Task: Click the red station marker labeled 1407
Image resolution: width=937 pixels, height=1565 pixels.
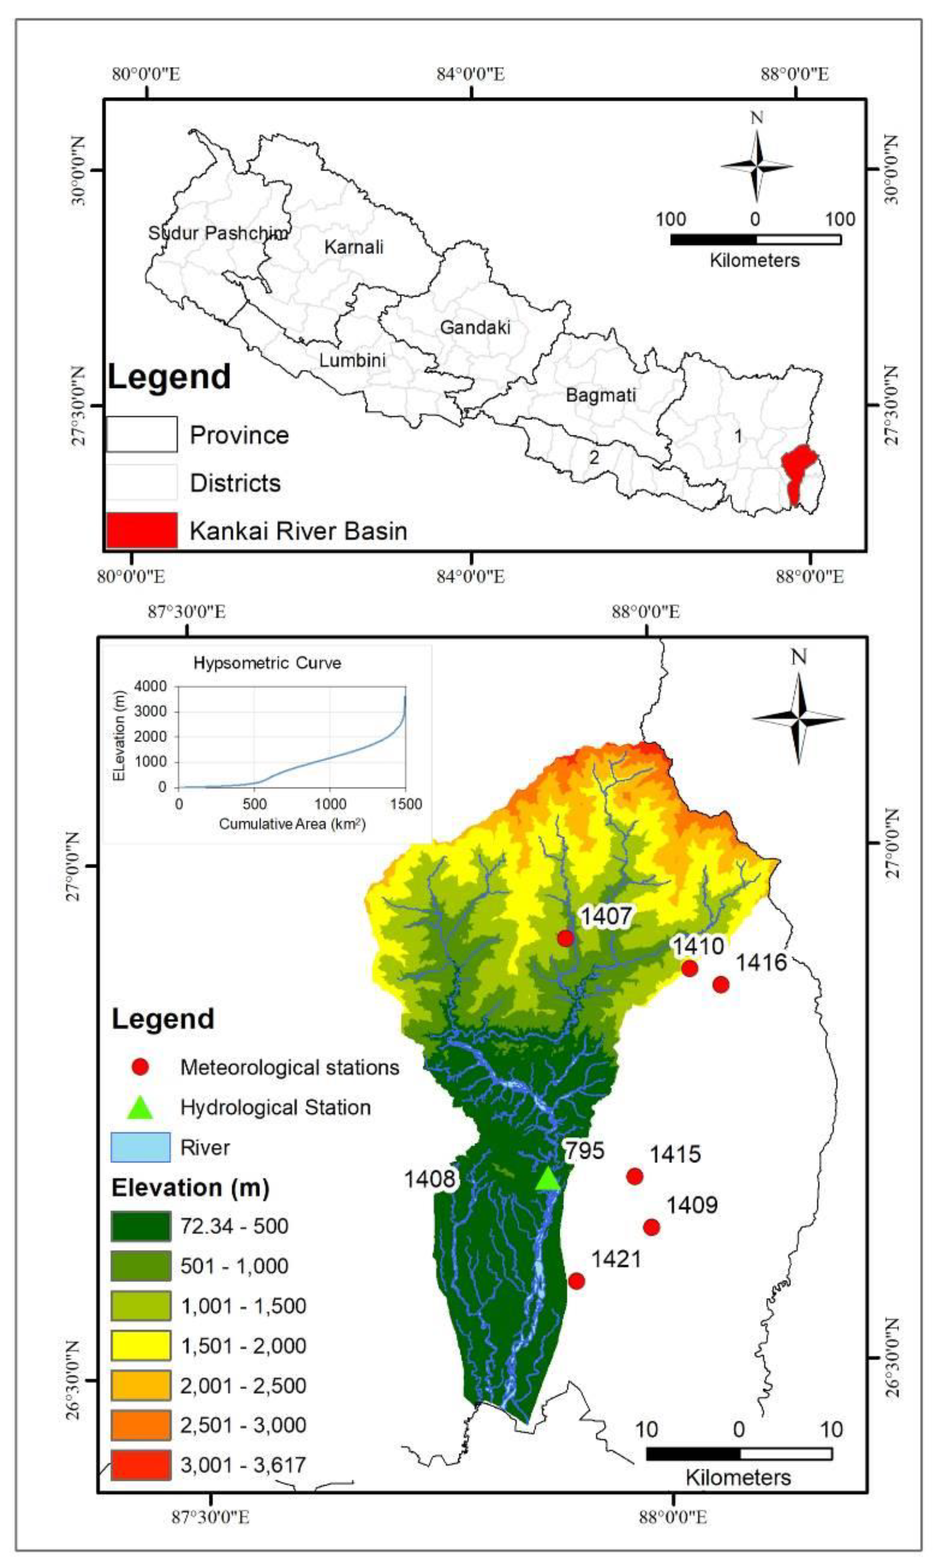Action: (565, 938)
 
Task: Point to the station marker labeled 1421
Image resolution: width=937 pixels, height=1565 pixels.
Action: (576, 1281)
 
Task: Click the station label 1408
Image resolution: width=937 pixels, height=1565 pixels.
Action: (429, 1179)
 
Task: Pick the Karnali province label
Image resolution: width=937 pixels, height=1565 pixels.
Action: (353, 247)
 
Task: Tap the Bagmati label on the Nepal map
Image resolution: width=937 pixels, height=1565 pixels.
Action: (600, 395)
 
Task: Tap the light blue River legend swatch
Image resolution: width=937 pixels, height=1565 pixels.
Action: (141, 1148)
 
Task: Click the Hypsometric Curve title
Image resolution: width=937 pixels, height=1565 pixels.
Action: (267, 663)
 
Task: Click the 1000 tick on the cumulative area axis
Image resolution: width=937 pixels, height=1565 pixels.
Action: (330, 804)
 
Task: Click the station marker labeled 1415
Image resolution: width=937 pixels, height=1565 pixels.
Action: (635, 1176)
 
